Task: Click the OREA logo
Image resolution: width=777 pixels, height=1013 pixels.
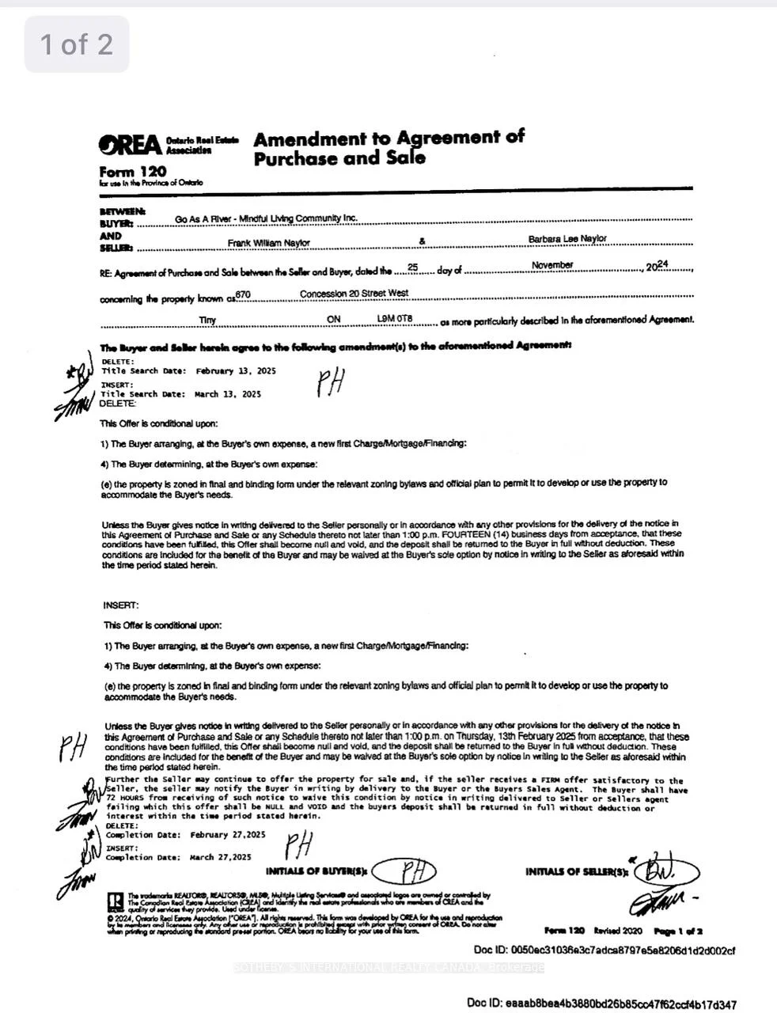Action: (129, 145)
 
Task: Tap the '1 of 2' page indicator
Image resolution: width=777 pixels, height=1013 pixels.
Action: (77, 44)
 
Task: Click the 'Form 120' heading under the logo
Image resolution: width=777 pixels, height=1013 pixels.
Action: (133, 172)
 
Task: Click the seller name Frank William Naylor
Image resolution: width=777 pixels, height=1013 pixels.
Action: (269, 243)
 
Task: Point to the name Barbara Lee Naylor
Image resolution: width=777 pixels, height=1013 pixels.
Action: (567, 239)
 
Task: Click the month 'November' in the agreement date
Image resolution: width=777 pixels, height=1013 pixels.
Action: (552, 265)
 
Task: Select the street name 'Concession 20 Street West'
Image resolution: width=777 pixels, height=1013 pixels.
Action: (354, 294)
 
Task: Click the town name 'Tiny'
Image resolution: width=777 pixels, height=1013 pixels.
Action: (207, 321)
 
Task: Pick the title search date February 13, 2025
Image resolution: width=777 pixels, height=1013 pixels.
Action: (236, 371)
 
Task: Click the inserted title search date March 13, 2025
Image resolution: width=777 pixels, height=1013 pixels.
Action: (227, 394)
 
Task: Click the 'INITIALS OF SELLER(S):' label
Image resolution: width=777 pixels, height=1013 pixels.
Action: (576, 872)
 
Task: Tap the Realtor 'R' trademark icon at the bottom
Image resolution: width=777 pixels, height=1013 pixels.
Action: (115, 901)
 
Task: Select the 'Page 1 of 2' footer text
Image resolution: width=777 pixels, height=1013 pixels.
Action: (678, 931)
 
